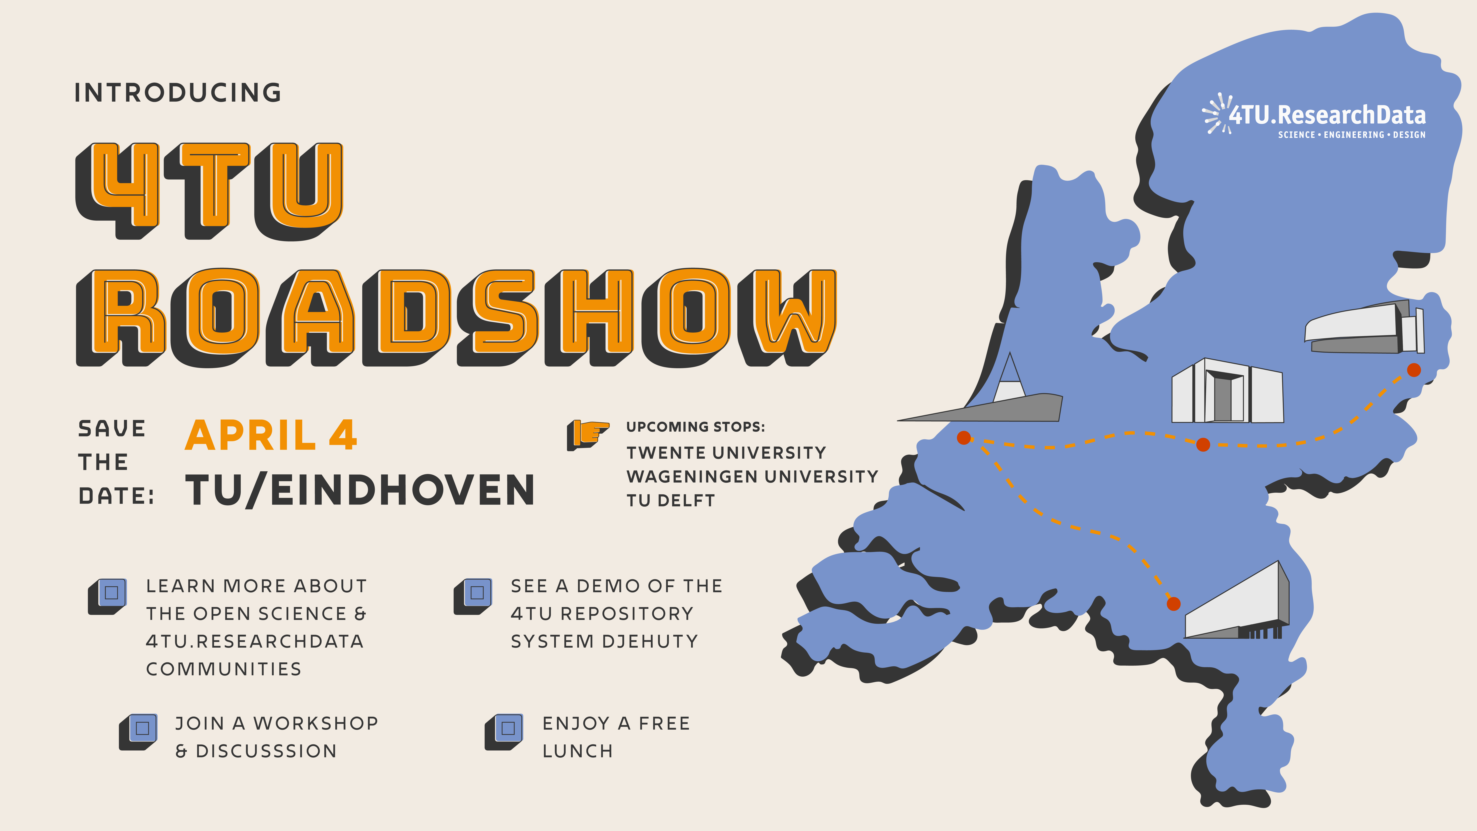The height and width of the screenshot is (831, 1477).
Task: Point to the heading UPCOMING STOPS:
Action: pyautogui.click(x=695, y=427)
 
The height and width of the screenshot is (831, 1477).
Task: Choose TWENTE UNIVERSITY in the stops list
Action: pyautogui.click(x=726, y=452)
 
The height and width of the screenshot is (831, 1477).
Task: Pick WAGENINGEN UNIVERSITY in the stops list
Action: pyautogui.click(x=752, y=477)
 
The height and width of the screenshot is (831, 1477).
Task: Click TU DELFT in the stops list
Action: pyautogui.click(x=670, y=501)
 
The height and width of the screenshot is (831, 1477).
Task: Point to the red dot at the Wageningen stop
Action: pyautogui.click(x=1203, y=444)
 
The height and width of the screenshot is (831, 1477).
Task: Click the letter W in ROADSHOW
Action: pyautogui.click(x=788, y=314)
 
